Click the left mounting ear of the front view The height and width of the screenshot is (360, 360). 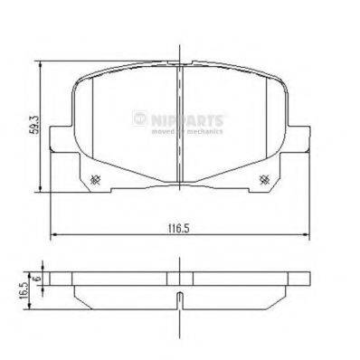56,145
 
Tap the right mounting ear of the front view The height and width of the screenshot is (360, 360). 302,145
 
